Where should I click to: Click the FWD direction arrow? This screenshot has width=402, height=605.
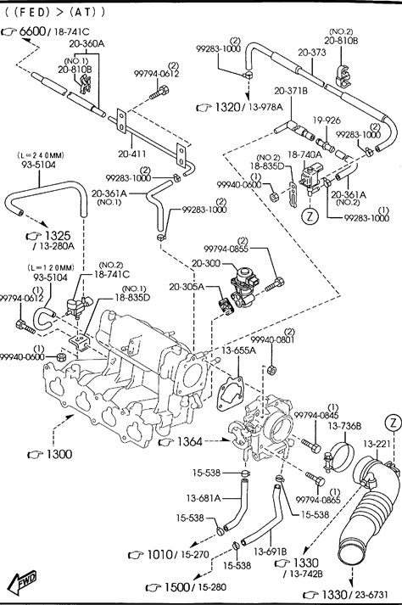point(23,581)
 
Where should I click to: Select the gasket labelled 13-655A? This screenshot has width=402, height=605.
point(230,393)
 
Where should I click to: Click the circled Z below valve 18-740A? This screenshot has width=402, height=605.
point(310,216)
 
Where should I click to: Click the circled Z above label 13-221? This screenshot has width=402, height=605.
point(394,423)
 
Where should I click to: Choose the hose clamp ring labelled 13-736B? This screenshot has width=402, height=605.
point(341,457)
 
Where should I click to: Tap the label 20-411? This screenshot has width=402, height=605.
point(132,154)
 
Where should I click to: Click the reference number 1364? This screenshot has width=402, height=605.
point(189,442)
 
